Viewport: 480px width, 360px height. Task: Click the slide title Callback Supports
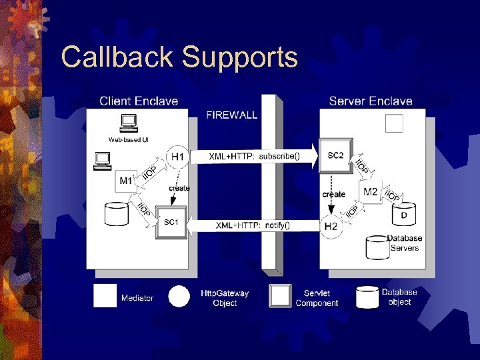point(179,57)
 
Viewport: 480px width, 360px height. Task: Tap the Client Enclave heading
point(139,101)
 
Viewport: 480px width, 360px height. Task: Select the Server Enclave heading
point(371,101)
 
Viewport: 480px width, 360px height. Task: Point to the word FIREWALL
point(232,115)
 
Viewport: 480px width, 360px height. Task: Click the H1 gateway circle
point(177,157)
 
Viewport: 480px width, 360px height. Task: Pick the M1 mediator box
point(126,181)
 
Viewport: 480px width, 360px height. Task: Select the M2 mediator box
point(371,192)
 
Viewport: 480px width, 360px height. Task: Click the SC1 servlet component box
point(171,221)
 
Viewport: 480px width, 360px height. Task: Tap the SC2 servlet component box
point(335,156)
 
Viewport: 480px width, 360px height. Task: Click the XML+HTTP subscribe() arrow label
point(255,157)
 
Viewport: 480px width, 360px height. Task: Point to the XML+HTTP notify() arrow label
point(253,225)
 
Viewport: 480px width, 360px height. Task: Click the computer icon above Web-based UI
point(127,123)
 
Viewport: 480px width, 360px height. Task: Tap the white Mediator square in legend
point(105,296)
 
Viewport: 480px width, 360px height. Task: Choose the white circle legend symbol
point(179,296)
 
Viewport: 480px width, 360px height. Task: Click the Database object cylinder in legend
point(367,297)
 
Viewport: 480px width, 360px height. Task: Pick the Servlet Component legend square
point(280,296)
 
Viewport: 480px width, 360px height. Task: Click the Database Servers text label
point(405,243)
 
